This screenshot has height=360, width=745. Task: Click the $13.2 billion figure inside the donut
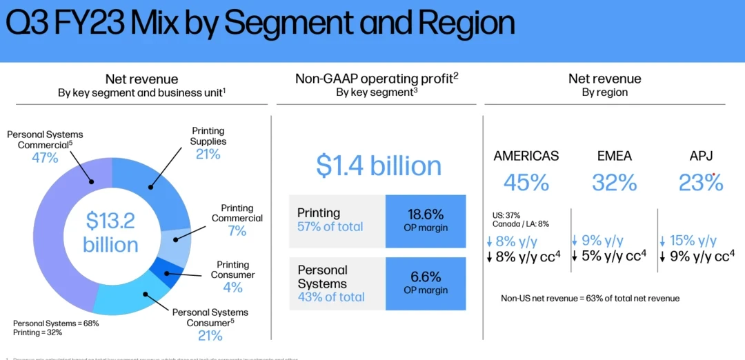[x=110, y=232]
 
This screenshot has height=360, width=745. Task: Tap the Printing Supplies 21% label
[x=208, y=154]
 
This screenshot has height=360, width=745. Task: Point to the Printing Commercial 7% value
[x=237, y=231]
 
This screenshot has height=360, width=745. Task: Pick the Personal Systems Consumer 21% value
[x=210, y=336]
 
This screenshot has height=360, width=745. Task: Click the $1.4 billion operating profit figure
[x=379, y=166]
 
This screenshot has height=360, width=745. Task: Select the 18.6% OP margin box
[x=426, y=220]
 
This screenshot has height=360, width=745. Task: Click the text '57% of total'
[x=330, y=227]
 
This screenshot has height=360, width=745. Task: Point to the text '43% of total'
[x=330, y=297]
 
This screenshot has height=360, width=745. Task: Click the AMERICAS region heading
[x=526, y=156]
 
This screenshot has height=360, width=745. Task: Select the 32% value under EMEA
[x=615, y=183]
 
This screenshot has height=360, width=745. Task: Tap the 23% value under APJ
[x=701, y=183]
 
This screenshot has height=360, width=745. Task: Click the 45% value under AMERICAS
[x=526, y=183]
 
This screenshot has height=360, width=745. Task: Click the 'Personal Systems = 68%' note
[x=56, y=323]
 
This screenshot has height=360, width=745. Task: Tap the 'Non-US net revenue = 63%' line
[x=590, y=298]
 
